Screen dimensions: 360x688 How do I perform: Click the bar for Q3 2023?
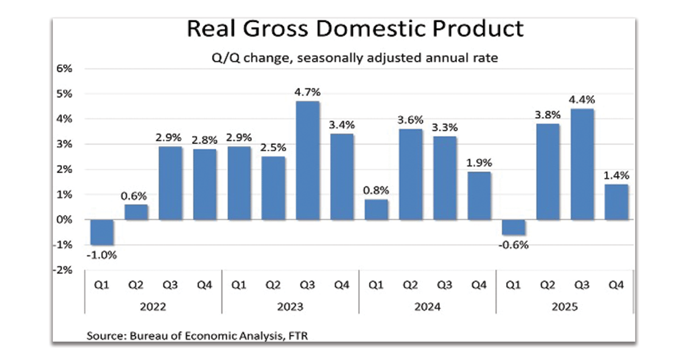(x=307, y=161)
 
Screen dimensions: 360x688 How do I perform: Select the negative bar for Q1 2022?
(x=102, y=232)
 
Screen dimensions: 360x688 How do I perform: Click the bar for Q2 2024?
(x=411, y=174)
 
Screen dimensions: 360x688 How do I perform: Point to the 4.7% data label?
(x=307, y=92)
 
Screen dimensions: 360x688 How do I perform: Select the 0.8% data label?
(x=376, y=190)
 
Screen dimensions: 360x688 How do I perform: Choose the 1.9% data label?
(x=479, y=162)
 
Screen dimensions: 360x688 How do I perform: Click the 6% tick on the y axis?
(x=64, y=69)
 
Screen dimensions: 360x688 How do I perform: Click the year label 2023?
(x=290, y=307)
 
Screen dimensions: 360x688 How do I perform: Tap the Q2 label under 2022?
(x=136, y=285)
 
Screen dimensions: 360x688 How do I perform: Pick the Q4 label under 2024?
(x=479, y=285)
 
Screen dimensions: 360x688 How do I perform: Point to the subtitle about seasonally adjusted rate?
(x=355, y=57)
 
